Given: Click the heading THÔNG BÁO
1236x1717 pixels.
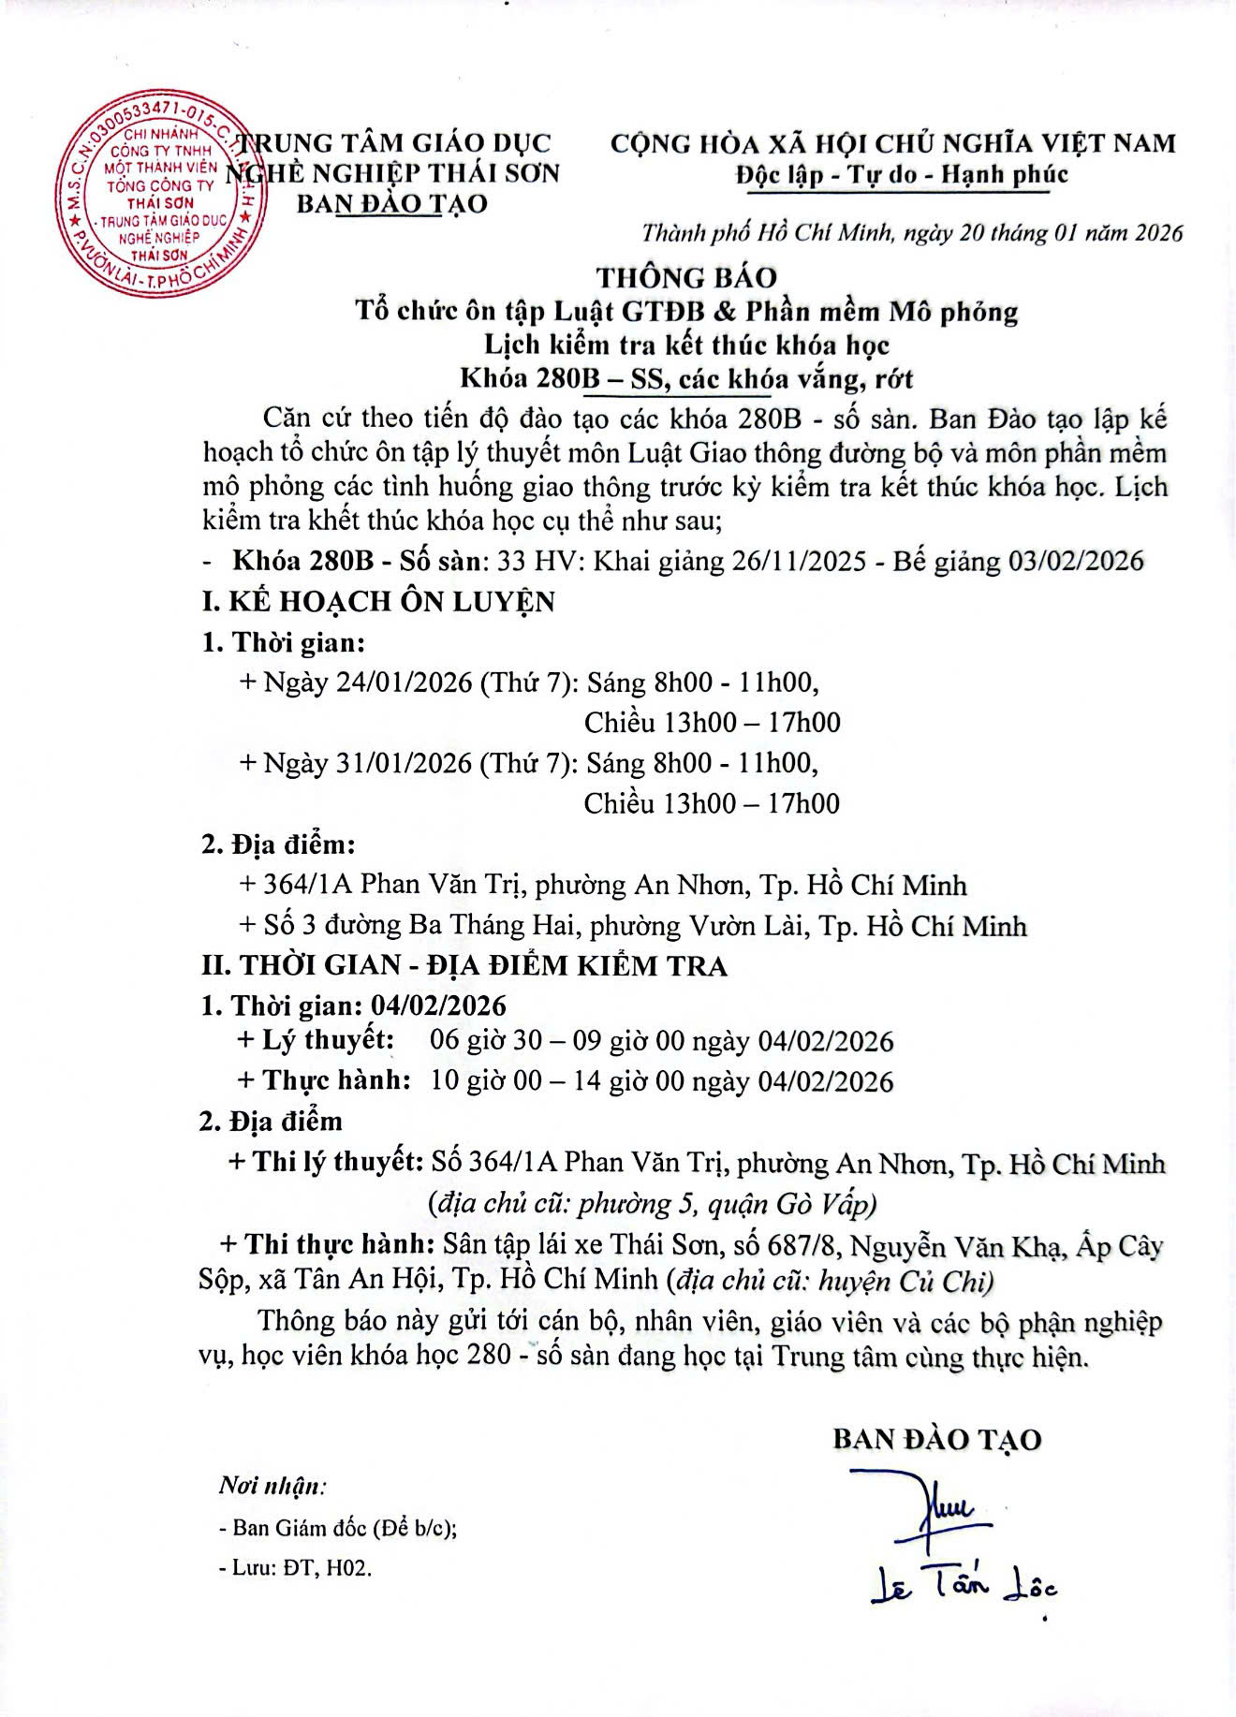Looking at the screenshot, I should click(x=686, y=277).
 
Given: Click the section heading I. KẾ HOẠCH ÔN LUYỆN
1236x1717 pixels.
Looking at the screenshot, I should click(x=378, y=601).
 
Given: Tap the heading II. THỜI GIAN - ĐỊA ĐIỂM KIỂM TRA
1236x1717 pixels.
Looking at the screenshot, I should click(x=464, y=965).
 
